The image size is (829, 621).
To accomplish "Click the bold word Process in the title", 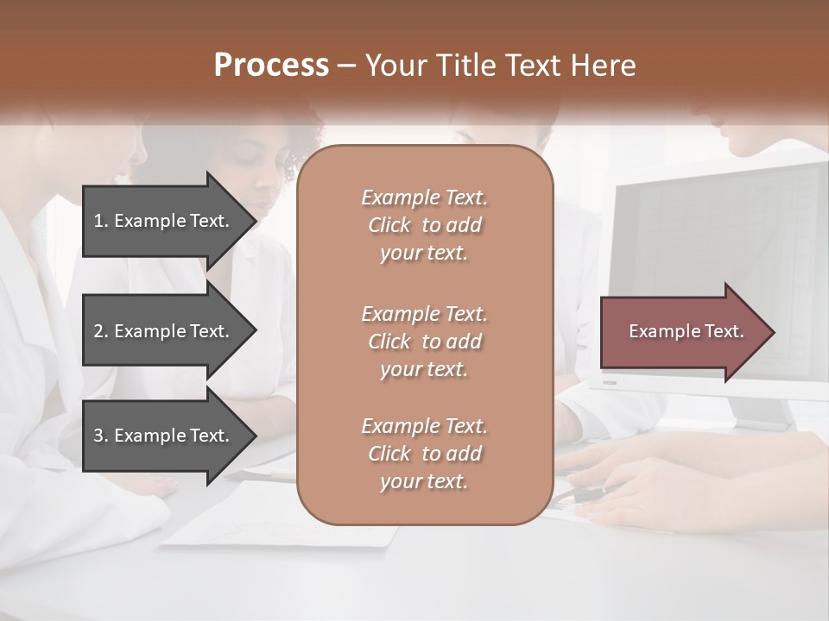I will point(271,66).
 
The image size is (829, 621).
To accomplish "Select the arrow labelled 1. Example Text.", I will point(164,221).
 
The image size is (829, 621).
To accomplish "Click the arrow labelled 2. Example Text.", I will point(164,331).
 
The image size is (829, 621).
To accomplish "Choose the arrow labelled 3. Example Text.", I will point(164,436).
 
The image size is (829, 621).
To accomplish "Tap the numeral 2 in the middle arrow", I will point(98,331).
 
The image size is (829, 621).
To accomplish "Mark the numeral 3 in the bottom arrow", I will point(98,436).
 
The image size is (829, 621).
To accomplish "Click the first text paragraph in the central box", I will point(424,225).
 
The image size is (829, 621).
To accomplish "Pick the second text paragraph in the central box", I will point(424,342).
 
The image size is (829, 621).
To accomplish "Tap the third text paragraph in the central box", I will point(424,454).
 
